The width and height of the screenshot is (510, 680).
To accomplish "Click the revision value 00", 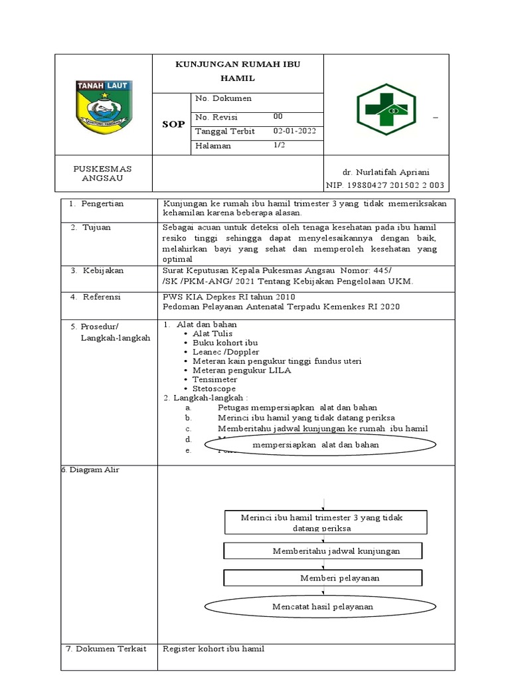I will pyautogui.click(x=278, y=116).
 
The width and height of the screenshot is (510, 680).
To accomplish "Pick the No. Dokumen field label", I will pyautogui.click(x=223, y=98).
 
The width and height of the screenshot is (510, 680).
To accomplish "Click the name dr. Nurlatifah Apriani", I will pyautogui.click(x=386, y=171).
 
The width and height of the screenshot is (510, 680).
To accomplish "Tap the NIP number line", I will pyautogui.click(x=384, y=185).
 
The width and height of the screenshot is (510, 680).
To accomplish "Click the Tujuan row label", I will pyautogui.click(x=96, y=227).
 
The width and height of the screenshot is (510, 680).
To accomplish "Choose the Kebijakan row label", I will pyautogui.click(x=103, y=270).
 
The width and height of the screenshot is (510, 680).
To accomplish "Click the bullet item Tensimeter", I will pyautogui.click(x=214, y=379).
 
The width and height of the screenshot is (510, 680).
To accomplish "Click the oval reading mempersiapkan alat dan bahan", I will pyautogui.click(x=315, y=445).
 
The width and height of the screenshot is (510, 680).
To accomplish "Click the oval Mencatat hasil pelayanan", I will pyautogui.click(x=323, y=606).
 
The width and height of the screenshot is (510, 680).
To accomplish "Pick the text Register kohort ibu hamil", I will pyautogui.click(x=214, y=648).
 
